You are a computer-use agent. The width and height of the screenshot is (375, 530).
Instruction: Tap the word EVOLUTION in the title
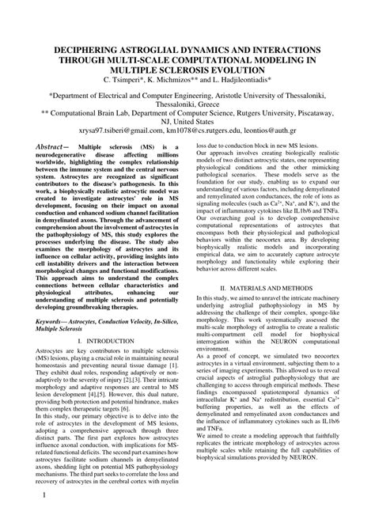tap(225, 69)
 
